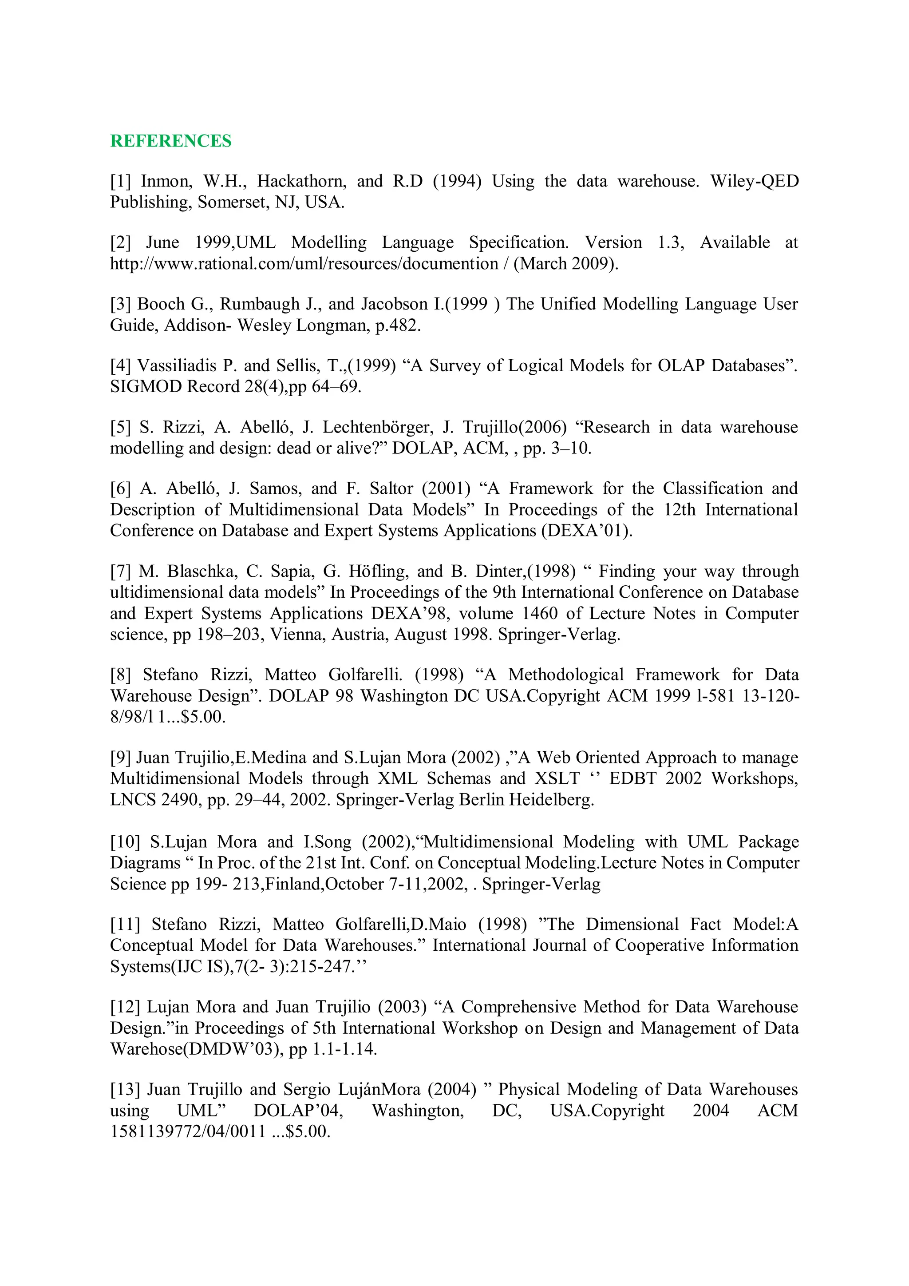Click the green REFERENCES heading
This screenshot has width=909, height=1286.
coord(171,141)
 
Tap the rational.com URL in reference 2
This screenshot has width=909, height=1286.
coord(304,264)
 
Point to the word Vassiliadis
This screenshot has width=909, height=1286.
coord(178,366)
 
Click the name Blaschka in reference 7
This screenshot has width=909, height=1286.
coord(202,572)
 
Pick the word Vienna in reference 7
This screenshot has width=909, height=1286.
coord(296,635)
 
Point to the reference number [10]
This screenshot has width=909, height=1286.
coord(125,842)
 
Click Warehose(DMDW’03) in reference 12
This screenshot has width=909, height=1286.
coord(198,1049)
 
